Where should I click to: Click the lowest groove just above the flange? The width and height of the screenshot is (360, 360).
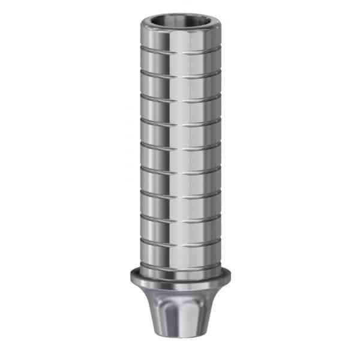(180, 264)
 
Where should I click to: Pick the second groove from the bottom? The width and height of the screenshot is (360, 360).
(180, 241)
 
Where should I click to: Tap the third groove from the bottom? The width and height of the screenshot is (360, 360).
(180, 218)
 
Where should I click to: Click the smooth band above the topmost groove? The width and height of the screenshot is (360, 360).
(180, 41)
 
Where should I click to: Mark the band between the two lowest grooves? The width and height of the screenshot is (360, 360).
(180, 253)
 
